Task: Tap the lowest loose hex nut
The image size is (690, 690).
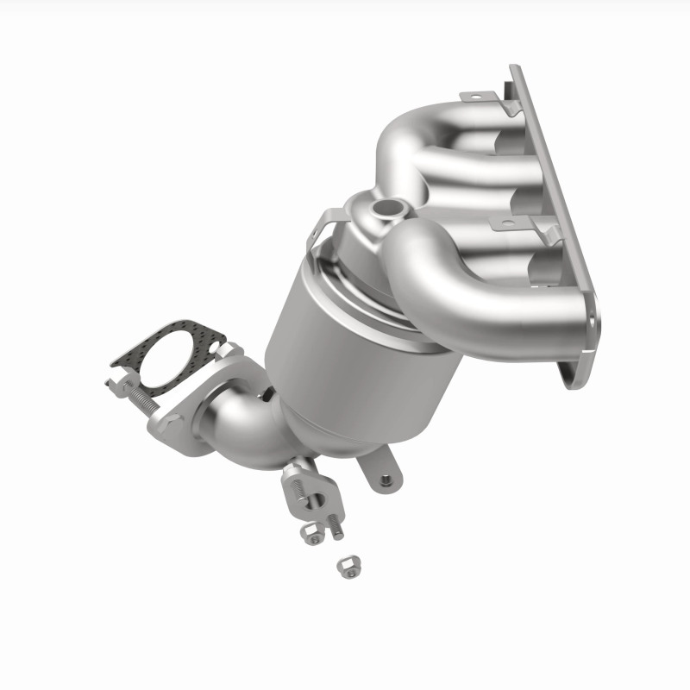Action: tap(348, 566)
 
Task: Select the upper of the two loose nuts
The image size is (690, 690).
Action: tap(311, 535)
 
